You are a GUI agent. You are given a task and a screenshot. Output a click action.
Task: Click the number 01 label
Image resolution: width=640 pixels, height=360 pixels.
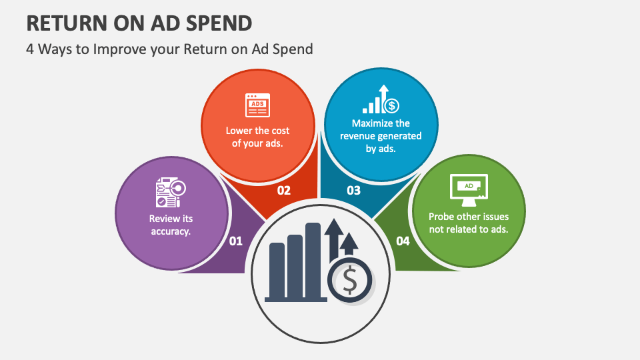tap(236, 241)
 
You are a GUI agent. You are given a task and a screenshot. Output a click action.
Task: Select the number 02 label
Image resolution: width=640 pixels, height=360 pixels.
tap(284, 191)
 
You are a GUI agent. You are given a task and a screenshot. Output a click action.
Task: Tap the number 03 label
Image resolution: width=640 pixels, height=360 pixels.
tap(353, 191)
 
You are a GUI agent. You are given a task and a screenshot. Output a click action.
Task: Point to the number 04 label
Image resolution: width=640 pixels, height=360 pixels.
tap(403, 241)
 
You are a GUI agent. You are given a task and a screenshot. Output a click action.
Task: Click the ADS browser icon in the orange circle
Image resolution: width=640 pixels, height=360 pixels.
tap(257, 105)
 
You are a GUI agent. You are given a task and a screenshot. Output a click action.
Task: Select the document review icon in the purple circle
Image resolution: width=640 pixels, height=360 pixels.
tap(171, 193)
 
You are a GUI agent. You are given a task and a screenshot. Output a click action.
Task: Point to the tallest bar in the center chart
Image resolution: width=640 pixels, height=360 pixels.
tap(313, 260)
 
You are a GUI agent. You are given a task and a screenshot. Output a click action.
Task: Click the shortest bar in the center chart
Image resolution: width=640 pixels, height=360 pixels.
tap(277, 270)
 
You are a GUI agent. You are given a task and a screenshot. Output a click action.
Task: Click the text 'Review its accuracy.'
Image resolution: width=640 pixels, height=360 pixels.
tap(171, 225)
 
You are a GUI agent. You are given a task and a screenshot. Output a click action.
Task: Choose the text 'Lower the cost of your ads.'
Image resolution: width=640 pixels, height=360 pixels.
tap(257, 136)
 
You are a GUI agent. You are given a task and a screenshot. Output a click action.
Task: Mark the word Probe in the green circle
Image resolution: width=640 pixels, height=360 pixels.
tap(442, 217)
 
